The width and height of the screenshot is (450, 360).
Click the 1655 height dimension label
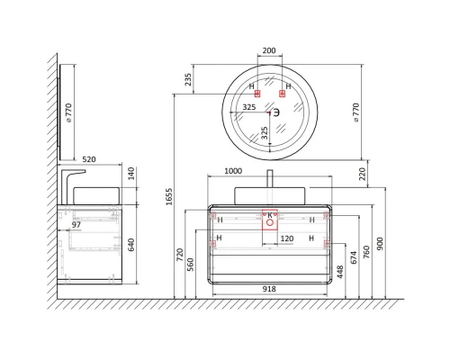point(169,197)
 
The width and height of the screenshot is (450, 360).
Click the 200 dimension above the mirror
point(269,50)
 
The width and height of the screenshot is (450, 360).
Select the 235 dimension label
point(188,79)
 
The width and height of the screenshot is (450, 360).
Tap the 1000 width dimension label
point(233,171)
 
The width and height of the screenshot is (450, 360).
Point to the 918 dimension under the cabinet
point(269,289)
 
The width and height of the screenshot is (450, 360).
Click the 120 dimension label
point(287,238)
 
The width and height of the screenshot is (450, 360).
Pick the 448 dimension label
point(340,272)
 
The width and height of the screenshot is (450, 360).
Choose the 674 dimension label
point(354,257)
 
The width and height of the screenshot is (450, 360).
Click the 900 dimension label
point(380,244)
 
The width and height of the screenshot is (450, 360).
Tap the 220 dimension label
point(363,174)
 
